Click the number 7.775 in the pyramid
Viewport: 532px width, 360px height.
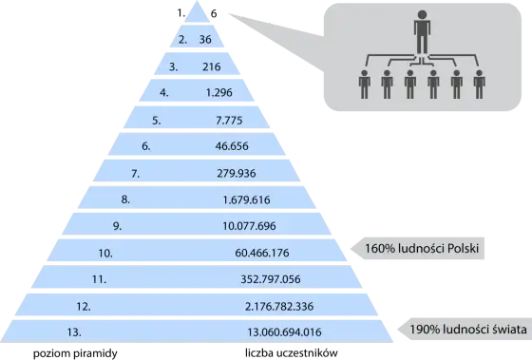229,121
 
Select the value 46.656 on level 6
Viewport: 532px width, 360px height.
232,146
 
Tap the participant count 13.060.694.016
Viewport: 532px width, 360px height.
284,332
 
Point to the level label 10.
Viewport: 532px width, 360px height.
105,253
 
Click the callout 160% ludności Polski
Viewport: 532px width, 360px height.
417,248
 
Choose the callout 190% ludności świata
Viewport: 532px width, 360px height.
465,330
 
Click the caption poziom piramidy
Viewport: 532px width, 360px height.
75,353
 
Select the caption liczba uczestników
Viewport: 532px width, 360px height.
292,352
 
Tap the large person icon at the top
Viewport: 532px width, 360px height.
422,31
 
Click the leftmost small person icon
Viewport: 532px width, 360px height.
365,85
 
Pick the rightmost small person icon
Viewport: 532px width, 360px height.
479,85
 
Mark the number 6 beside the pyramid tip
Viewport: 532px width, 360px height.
214,13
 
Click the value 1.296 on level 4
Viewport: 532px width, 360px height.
219,93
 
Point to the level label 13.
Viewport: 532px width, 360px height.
74,332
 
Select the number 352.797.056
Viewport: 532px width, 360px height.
271,279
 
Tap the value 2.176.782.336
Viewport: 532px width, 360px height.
279,307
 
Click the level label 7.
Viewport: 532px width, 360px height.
135,174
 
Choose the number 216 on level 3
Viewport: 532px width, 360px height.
211,66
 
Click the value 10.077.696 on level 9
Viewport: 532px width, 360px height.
249,226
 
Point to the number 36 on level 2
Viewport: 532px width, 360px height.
205,40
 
